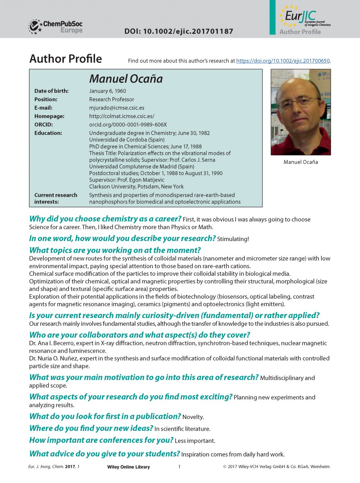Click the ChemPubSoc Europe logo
[x=56, y=27]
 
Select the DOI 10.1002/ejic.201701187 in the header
[x=179, y=31]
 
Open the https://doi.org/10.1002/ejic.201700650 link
[x=283, y=61]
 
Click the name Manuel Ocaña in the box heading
[x=126, y=78]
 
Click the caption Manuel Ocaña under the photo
[x=300, y=162]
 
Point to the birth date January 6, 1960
[x=108, y=91]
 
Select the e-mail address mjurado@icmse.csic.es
[x=117, y=108]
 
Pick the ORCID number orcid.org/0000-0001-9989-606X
[x=128, y=124]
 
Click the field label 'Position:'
[x=46, y=99]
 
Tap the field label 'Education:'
[x=48, y=133]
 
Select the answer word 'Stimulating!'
[x=233, y=239]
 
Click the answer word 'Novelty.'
[x=193, y=417]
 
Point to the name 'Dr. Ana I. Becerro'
[x=52, y=343]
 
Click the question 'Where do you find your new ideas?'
[x=91, y=428]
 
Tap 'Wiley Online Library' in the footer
[x=128, y=467]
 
